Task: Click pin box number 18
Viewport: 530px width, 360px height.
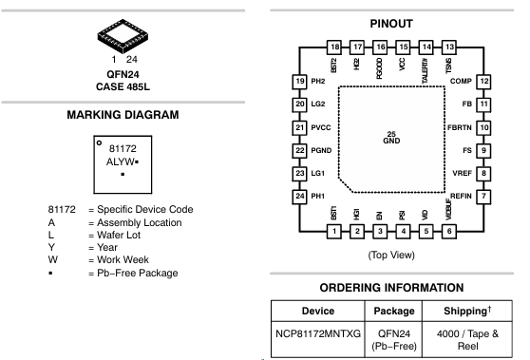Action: [334, 47]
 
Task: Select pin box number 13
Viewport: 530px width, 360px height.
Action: [449, 47]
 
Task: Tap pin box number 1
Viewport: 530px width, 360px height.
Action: [334, 232]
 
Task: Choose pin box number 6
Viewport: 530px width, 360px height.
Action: [449, 232]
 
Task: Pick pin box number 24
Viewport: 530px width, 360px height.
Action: [300, 197]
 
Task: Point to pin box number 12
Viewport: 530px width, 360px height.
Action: [483, 82]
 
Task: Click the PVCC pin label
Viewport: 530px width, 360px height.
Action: [321, 128]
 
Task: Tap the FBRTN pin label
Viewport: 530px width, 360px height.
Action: [460, 128]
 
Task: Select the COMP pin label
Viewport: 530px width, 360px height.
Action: [461, 81]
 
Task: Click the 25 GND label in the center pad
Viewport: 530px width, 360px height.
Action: [391, 138]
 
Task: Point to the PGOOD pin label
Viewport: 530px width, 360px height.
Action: [379, 68]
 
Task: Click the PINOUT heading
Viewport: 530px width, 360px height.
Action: [391, 24]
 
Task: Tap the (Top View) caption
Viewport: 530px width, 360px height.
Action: [391, 255]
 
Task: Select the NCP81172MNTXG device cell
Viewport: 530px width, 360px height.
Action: [318, 334]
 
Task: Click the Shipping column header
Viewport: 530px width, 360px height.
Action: [467, 311]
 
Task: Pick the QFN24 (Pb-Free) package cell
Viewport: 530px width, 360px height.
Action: [394, 340]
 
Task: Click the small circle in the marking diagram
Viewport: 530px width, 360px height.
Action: [99, 143]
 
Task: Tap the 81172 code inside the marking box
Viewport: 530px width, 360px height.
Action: [123, 149]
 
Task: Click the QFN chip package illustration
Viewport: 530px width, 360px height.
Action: [123, 36]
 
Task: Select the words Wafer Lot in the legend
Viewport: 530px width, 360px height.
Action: [119, 235]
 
